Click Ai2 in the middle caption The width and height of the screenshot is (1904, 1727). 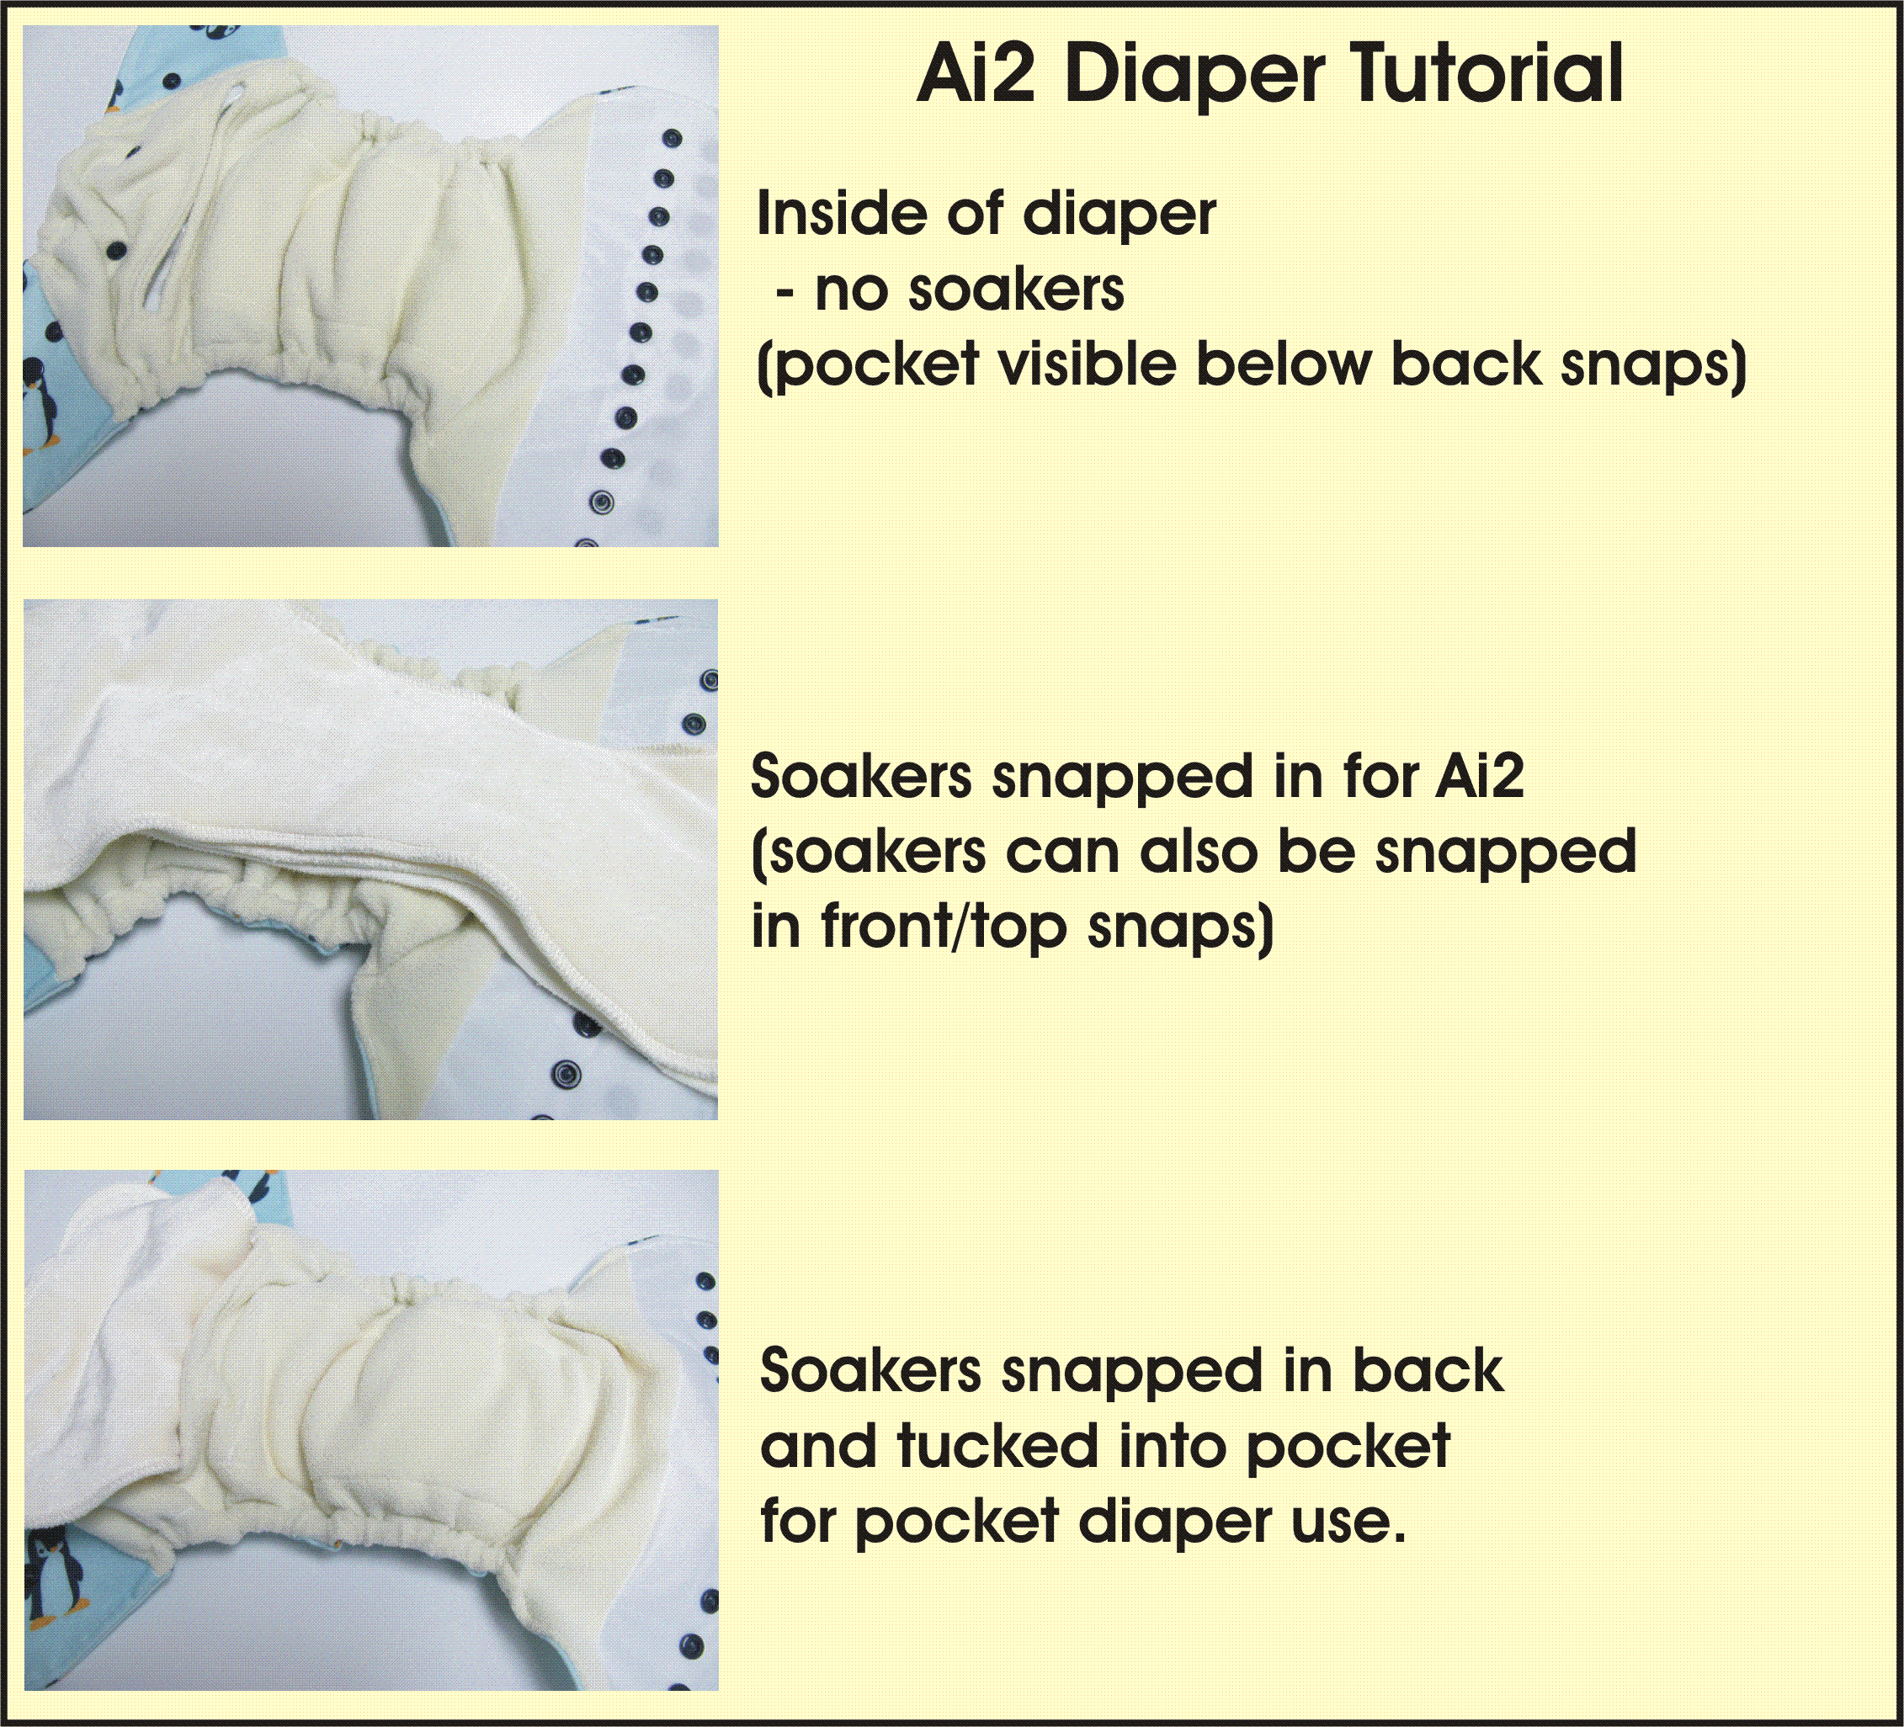[x=1479, y=776]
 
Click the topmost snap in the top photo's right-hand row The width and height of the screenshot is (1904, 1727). [x=673, y=139]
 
